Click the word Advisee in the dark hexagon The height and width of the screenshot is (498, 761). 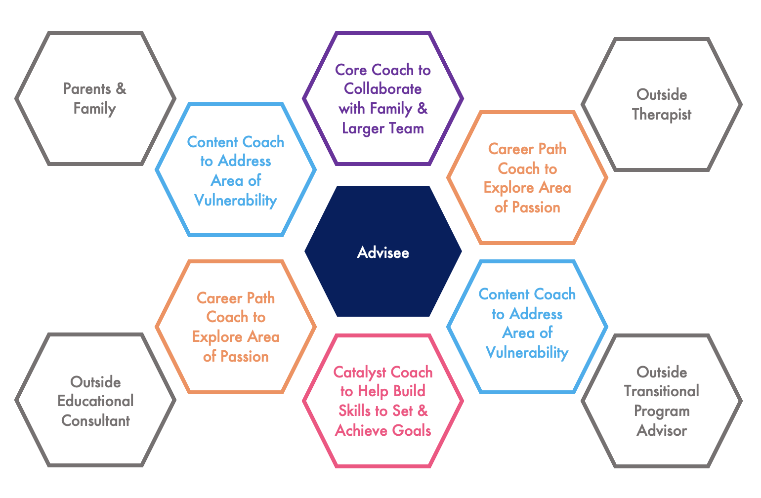[x=383, y=253]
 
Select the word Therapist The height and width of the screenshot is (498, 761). [x=661, y=115]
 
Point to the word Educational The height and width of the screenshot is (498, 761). [x=95, y=401]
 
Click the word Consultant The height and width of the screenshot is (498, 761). [x=95, y=421]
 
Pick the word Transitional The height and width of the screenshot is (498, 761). [x=661, y=391]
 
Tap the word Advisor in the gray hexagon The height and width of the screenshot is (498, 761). [x=661, y=431]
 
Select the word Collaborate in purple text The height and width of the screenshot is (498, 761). [x=383, y=89]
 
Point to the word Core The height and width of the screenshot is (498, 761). [x=351, y=70]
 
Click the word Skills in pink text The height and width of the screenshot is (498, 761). [x=354, y=411]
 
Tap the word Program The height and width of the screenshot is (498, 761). [x=661, y=411]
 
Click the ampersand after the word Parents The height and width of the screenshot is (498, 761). [x=121, y=89]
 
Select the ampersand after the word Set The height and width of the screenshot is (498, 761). [x=423, y=411]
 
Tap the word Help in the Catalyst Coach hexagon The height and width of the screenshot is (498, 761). [x=373, y=391]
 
